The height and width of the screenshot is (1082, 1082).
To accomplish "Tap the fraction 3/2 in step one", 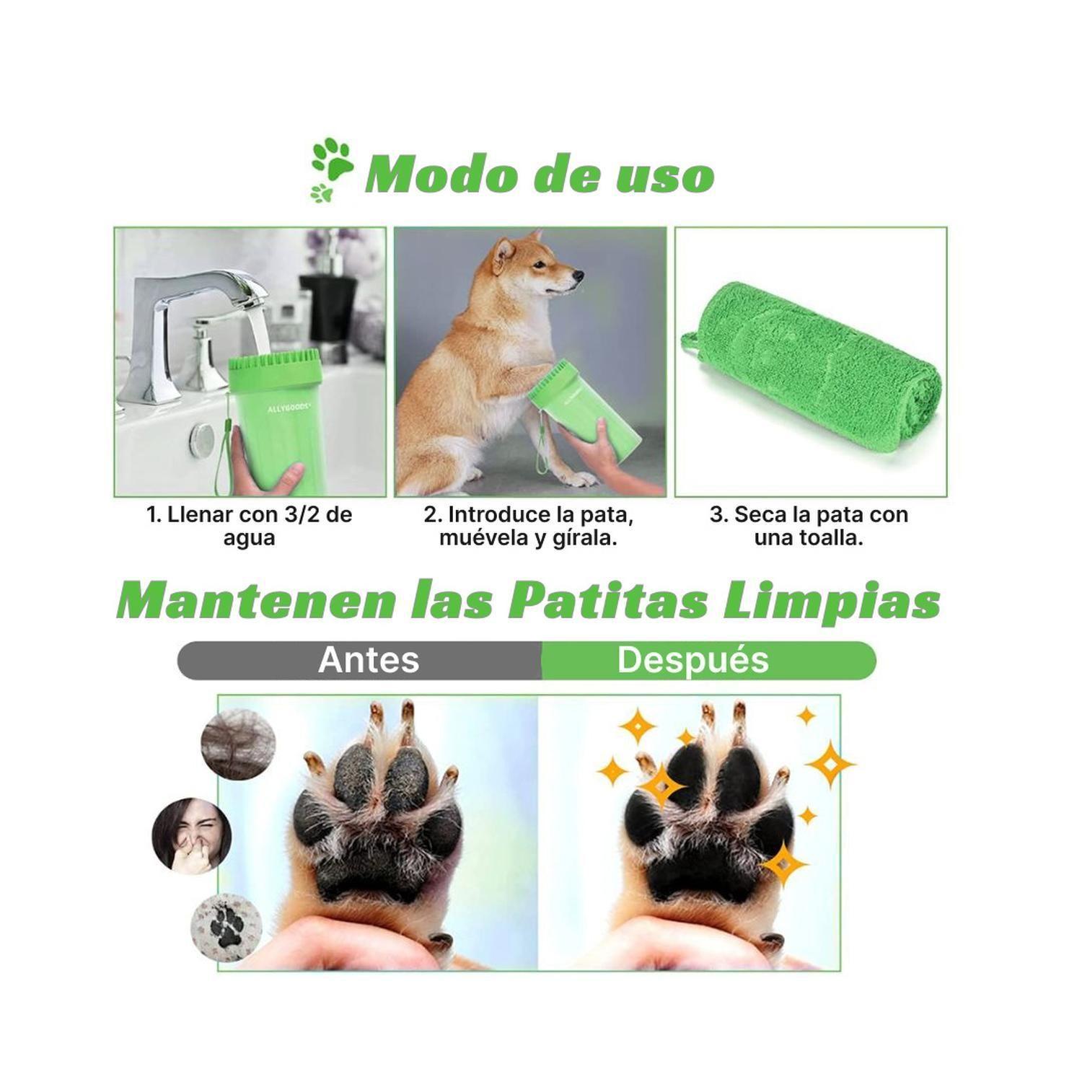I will point(289,515).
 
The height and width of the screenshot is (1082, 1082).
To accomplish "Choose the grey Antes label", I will point(368,660).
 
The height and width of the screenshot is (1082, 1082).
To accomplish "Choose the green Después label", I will point(693,660).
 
